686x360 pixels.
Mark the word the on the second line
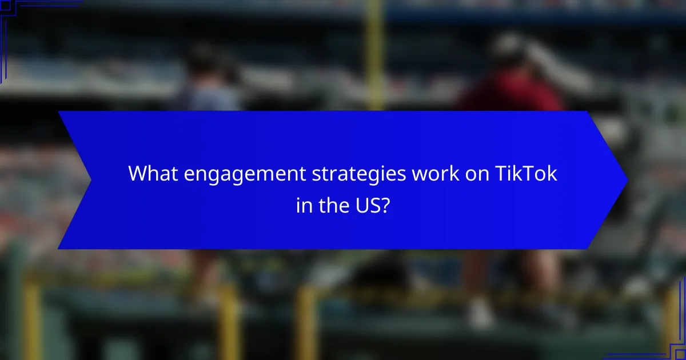(334, 204)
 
